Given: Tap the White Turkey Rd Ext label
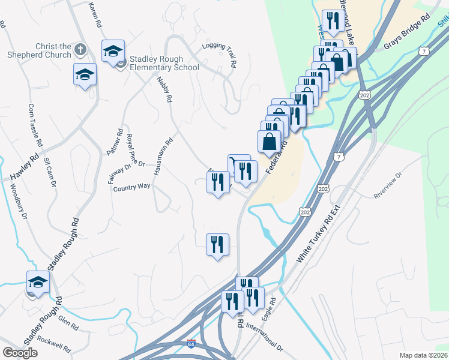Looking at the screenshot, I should click(x=319, y=232).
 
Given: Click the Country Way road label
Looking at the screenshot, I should click(x=131, y=187).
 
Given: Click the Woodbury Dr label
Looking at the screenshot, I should click(x=19, y=200).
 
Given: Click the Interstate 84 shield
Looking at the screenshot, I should click(x=191, y=344).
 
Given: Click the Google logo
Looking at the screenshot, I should click(x=20, y=353).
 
